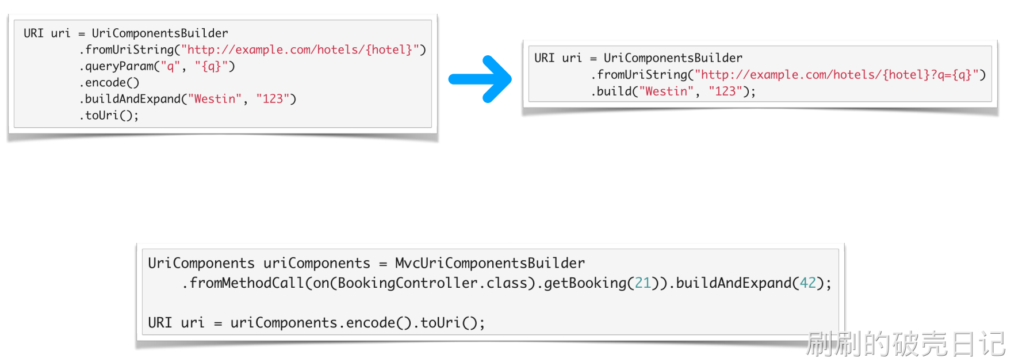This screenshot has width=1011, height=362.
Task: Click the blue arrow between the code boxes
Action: point(481,79)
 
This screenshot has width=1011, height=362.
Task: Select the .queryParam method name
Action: point(118,66)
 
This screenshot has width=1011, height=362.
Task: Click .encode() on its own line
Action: point(110,83)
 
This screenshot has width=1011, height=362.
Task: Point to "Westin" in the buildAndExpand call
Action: point(215,99)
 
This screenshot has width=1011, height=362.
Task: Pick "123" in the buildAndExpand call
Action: point(273,99)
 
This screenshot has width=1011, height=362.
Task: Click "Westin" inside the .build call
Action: point(666,92)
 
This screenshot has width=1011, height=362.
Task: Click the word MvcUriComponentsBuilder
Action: point(489,263)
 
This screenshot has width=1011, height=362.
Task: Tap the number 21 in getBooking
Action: point(642,283)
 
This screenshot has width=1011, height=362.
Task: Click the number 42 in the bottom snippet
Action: point(807,283)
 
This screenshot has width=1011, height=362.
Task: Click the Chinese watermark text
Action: point(905,344)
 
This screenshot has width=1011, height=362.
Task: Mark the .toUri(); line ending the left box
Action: point(109,116)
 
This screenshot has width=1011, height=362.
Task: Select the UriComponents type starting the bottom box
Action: point(201,263)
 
